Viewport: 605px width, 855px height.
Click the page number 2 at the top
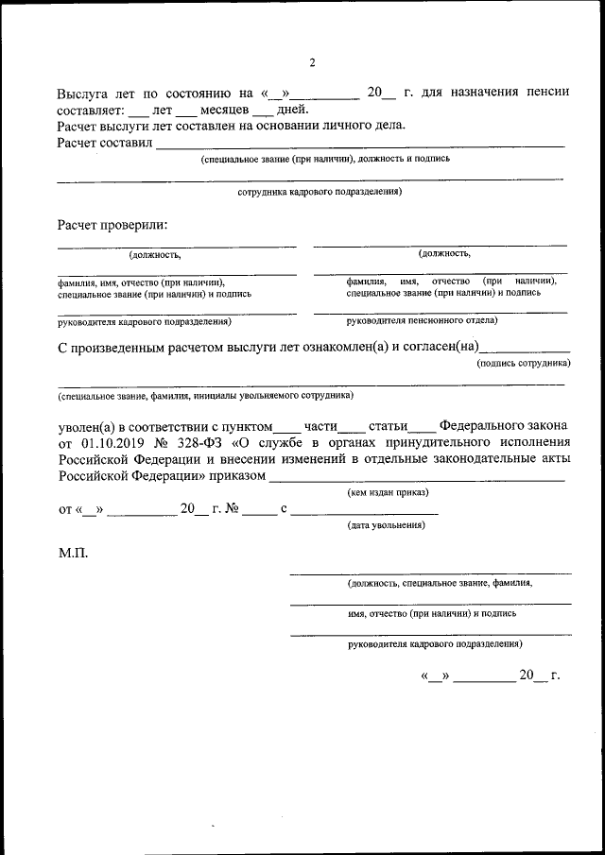(x=313, y=63)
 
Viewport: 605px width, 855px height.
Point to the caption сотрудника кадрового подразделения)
(x=320, y=192)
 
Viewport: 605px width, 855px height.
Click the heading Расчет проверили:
(x=112, y=225)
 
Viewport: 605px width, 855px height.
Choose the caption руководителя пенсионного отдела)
(x=422, y=321)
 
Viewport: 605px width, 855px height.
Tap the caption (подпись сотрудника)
(x=523, y=363)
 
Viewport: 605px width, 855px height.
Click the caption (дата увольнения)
(x=386, y=525)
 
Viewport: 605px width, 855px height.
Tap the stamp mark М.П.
(x=73, y=553)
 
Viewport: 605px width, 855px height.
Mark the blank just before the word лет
(x=138, y=111)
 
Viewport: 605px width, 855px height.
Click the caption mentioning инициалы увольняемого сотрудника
(x=205, y=395)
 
